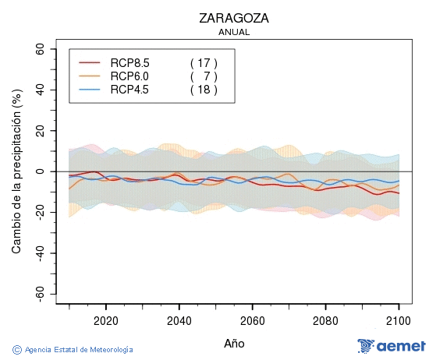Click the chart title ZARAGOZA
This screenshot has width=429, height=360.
234,18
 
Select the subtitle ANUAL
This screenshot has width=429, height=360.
234,33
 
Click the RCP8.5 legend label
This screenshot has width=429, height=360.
129,62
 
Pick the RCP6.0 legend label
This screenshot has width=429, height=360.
129,76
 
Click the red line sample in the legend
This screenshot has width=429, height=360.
90,62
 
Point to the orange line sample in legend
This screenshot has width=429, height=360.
90,76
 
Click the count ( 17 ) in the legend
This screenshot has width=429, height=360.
204,62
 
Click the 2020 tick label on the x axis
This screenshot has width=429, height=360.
105,319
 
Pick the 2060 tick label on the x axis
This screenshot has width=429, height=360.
253,319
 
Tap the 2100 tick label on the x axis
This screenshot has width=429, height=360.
399,319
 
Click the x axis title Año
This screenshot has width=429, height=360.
234,343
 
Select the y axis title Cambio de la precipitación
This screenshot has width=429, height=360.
16,171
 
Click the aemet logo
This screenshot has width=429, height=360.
391,346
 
